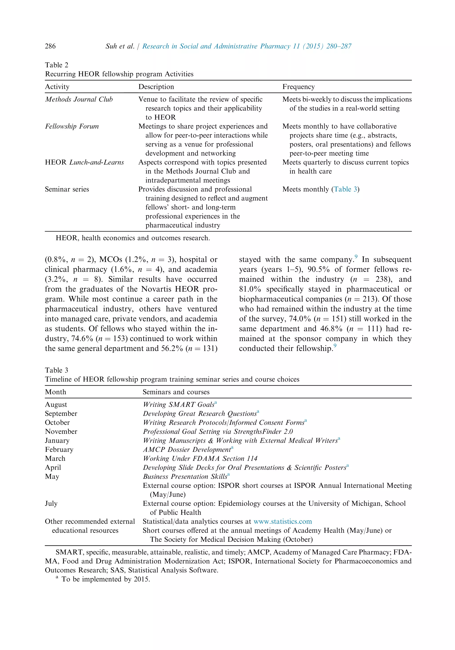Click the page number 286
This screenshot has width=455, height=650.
50,46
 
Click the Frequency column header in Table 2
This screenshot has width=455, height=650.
298,87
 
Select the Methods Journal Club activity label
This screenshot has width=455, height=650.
79,99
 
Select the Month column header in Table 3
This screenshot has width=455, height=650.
56,392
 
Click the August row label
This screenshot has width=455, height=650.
56,405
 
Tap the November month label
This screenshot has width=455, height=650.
61,431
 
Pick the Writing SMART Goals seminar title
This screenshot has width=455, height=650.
179,405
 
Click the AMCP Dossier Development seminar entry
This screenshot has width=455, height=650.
187,450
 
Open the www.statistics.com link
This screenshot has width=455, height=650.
282,521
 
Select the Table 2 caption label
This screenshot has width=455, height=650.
56,65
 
